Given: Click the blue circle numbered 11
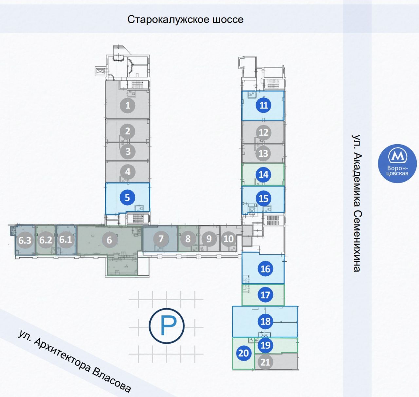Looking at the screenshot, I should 264,105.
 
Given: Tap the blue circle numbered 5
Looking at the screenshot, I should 127,198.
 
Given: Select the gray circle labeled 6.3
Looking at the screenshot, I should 25,240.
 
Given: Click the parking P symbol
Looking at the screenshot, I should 167,326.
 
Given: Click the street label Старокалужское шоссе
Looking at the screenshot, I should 185,19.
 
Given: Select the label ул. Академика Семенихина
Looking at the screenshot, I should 357,203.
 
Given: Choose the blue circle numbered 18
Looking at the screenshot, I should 265,321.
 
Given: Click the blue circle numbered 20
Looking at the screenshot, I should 244,353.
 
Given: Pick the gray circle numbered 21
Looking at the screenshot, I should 265,362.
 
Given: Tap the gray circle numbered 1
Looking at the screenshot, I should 128,106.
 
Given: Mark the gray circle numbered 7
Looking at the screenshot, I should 161,239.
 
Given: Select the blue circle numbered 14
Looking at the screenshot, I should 264,174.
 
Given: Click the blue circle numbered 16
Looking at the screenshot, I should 265,269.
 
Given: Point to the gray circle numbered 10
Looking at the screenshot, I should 228,239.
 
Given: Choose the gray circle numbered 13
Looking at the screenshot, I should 263,153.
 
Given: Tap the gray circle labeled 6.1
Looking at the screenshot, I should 65,239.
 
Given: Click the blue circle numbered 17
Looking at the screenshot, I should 265,295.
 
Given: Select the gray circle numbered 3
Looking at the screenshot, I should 128,151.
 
